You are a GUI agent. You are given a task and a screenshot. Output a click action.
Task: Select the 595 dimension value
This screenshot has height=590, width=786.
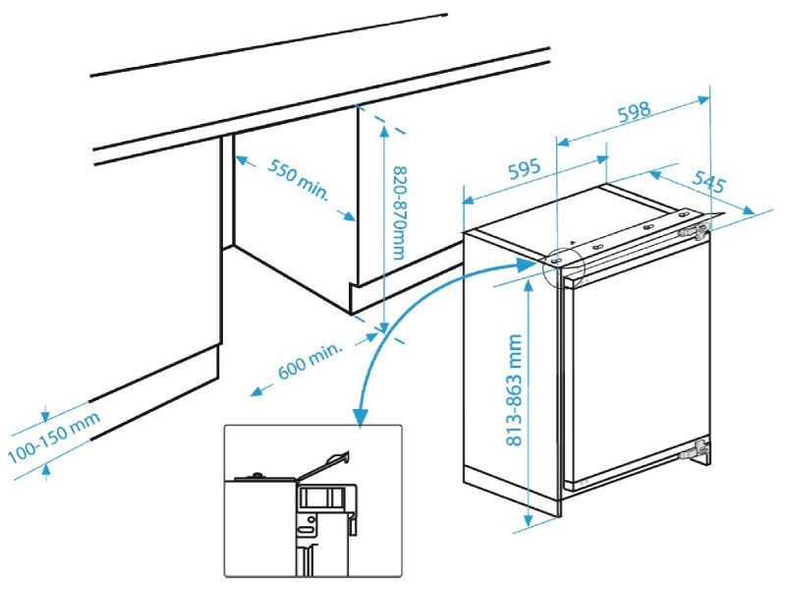tap(526, 169)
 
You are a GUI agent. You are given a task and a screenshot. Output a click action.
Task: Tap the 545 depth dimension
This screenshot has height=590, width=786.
tap(708, 181)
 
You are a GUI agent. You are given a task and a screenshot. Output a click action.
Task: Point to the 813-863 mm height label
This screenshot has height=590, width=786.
tap(514, 391)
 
